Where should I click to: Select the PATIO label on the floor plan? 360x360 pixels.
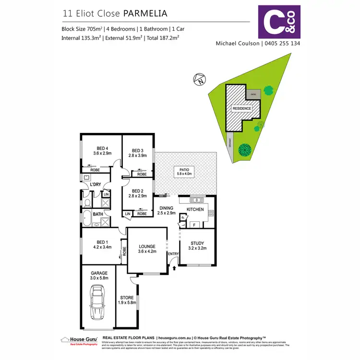point(185,170)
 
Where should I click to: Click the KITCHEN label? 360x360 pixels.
point(195,210)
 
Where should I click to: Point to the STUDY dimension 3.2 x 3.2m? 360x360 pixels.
point(197,249)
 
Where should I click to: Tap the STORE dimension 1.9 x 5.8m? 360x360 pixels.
point(127,303)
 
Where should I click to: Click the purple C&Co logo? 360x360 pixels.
point(279,22)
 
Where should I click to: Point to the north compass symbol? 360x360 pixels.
point(199,80)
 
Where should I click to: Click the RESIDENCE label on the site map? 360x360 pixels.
point(242,108)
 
